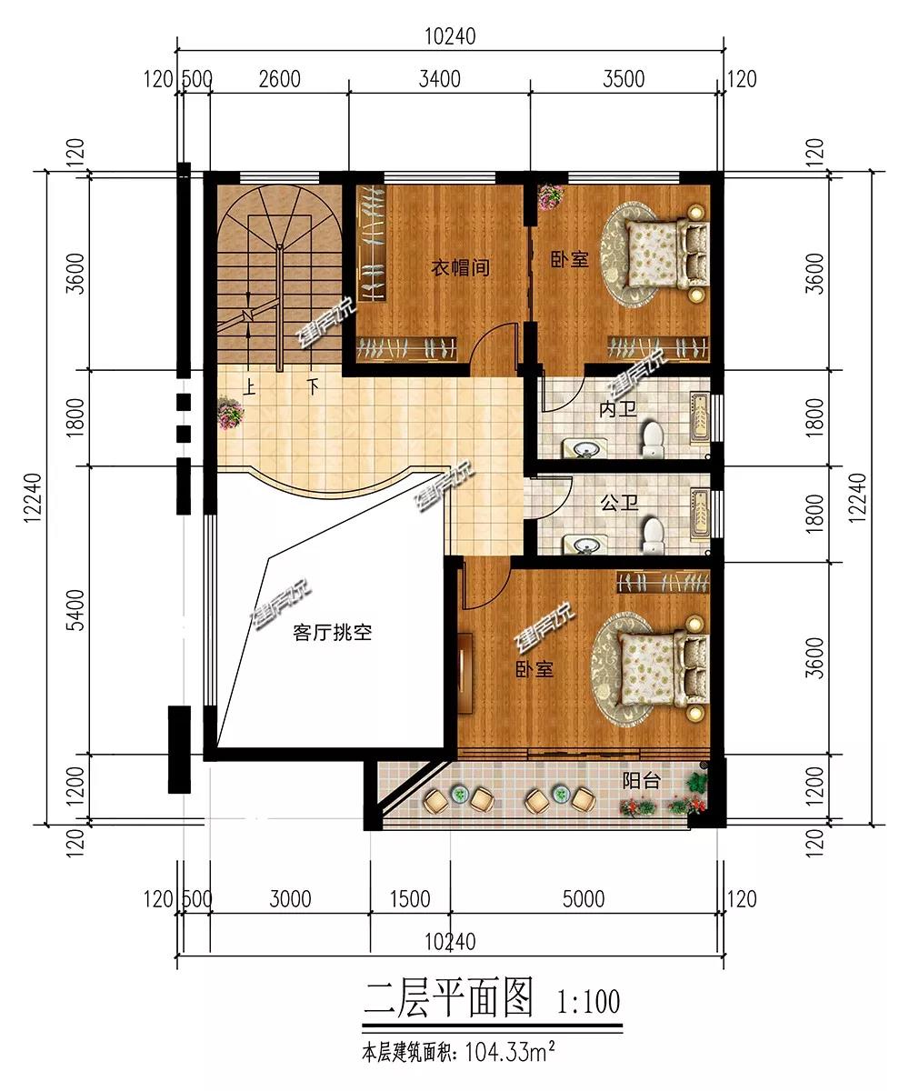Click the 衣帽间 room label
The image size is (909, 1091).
tap(460, 267)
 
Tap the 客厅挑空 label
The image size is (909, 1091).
tap(333, 633)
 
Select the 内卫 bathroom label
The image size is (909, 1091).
tap(618, 409)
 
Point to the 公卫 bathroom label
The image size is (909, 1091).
tap(619, 503)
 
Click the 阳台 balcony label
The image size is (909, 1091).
tap(642, 781)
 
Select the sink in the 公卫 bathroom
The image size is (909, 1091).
tap(584, 545)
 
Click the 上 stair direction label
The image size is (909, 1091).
tap(249, 387)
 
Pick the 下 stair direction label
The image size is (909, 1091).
tap(313, 386)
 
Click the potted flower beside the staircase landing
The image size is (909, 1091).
tap(230, 413)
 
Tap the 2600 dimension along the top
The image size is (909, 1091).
tap(279, 79)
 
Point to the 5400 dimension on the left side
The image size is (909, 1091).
tap(75, 610)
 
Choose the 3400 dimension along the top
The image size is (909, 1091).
tap(439, 79)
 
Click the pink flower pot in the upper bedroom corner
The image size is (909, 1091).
tap(551, 197)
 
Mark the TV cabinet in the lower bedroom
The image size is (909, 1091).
tap(464, 673)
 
